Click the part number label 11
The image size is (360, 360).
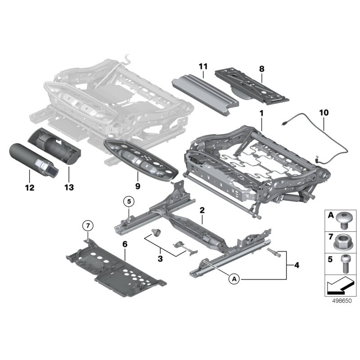click(203, 67)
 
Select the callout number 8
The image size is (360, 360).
click(262, 69)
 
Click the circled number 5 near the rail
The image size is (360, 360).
click(128, 202)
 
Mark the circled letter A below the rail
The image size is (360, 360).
click(234, 279)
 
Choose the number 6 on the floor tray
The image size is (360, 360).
click(125, 243)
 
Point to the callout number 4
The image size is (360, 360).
click(296, 265)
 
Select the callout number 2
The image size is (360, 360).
click(202, 210)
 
